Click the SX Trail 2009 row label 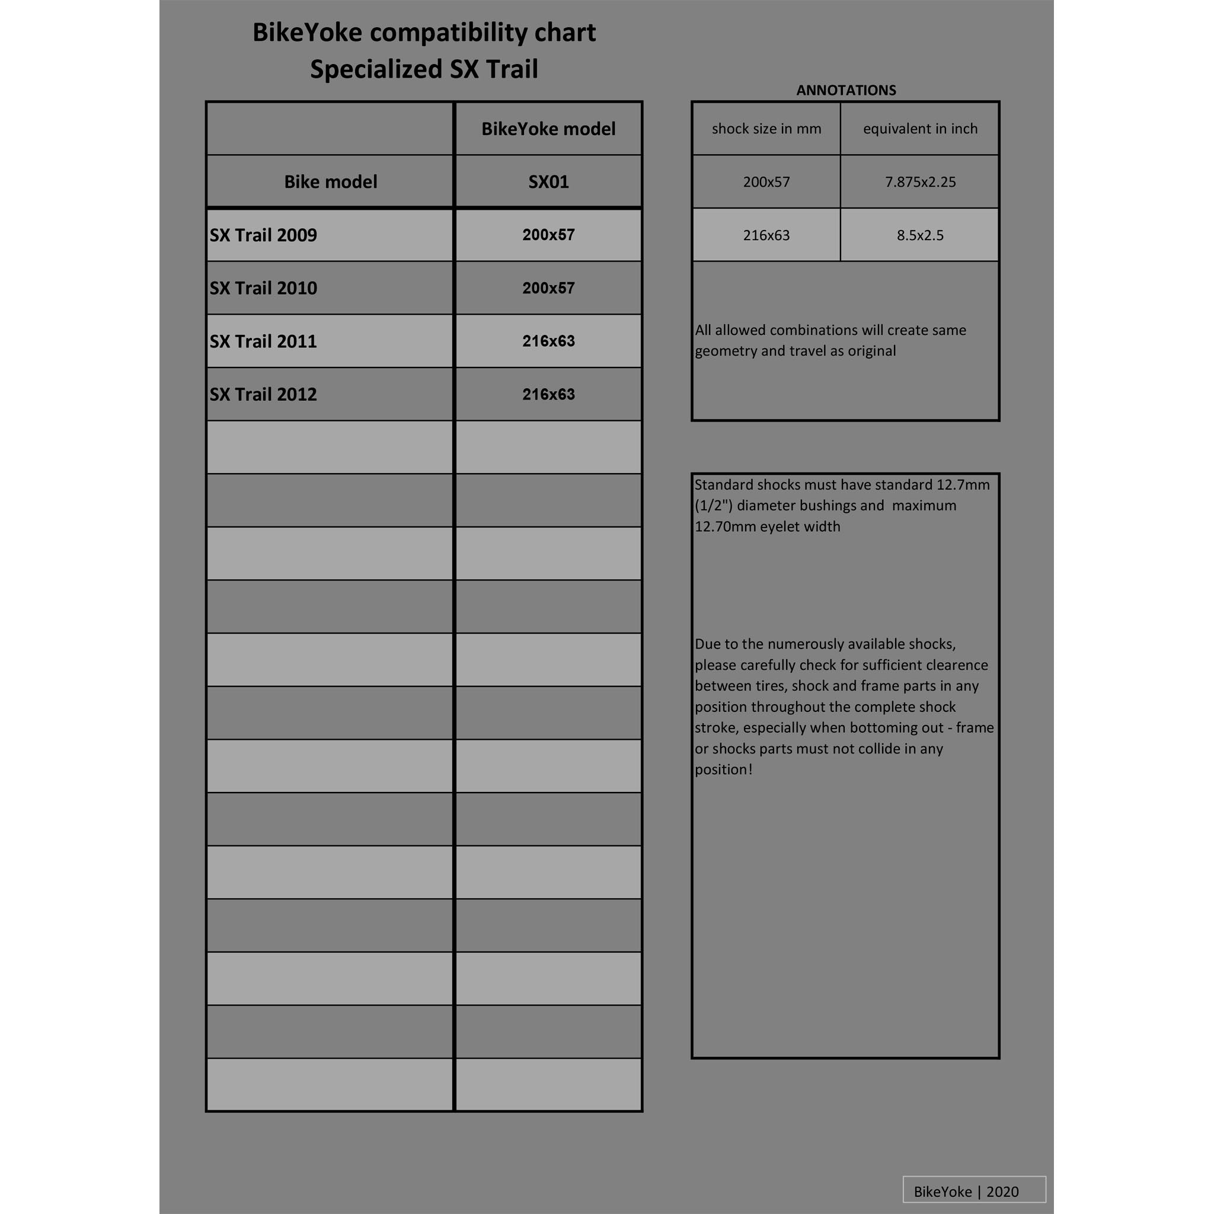[263, 235]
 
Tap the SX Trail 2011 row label [263, 341]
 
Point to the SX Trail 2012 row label [263, 395]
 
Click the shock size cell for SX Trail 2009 [548, 235]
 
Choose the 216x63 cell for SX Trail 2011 [548, 341]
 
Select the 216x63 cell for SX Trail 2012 [548, 395]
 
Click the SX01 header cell [548, 182]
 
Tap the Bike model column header [331, 182]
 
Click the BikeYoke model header [548, 129]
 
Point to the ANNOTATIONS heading [846, 90]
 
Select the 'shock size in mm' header [766, 129]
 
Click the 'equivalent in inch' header [920, 129]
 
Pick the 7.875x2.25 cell [920, 182]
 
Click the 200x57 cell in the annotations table [766, 182]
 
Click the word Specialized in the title [376, 69]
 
